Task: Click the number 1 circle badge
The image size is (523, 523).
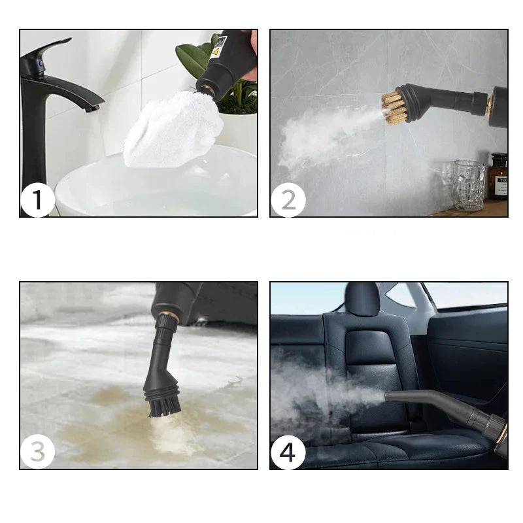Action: (38, 200)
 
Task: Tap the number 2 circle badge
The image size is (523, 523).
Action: (288, 200)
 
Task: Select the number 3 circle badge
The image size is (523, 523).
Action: (38, 452)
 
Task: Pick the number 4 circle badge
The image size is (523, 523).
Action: (288, 452)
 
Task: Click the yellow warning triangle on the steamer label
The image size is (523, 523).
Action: (216, 52)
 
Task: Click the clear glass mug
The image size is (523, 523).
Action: (469, 185)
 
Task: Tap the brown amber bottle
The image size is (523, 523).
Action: (498, 176)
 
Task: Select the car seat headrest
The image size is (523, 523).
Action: (362, 299)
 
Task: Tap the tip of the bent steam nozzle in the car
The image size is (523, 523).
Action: (386, 397)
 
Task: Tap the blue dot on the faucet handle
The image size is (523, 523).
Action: (41, 63)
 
